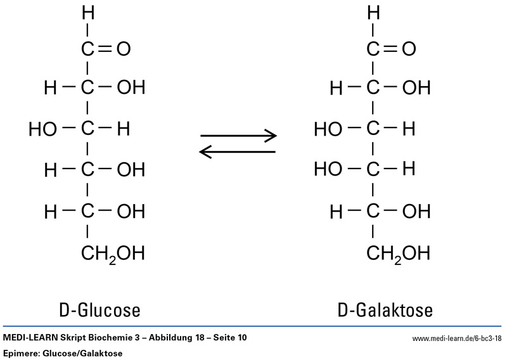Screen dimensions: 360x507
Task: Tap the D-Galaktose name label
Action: [x=385, y=311]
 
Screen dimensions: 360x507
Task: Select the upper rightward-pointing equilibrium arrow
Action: [x=238, y=136]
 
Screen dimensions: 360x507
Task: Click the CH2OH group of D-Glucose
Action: [x=113, y=254]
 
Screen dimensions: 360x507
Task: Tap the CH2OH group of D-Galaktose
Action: [x=399, y=254]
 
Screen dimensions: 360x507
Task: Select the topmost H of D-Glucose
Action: [x=87, y=12]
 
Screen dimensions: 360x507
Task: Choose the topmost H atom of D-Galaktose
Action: [x=374, y=12]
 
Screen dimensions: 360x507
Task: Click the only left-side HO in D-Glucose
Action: [x=42, y=130]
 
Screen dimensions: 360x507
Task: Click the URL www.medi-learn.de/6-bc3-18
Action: [x=457, y=339]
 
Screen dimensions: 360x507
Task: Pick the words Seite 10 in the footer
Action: [x=231, y=338]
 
